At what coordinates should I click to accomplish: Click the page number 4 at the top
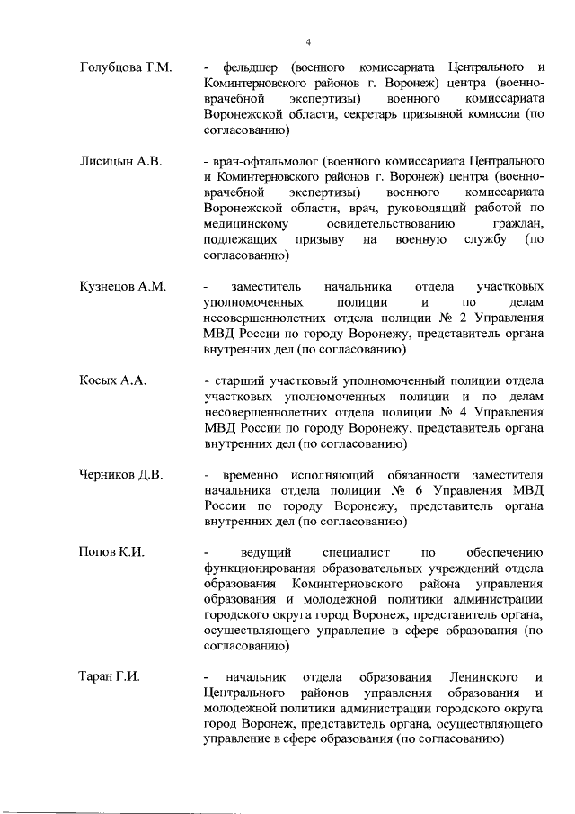pos(307,43)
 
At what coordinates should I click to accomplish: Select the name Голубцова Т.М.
pos(126,67)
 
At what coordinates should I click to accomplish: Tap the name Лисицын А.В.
pos(120,162)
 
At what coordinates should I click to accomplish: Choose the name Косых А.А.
pos(113,380)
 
